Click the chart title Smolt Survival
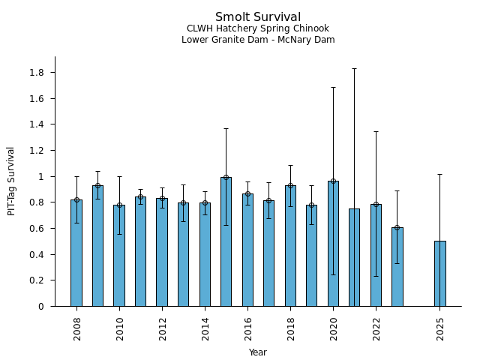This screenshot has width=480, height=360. pyautogui.click(x=258, y=17)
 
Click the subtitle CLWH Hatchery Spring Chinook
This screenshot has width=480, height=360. pyautogui.click(x=258, y=28)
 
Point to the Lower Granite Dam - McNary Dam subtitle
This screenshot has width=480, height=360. pyautogui.click(x=258, y=40)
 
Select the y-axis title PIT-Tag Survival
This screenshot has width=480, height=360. pyautogui.click(x=11, y=181)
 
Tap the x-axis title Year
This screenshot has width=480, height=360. pyautogui.click(x=258, y=352)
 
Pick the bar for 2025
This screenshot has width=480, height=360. pyautogui.click(x=440, y=274)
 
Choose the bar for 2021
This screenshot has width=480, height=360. pyautogui.click(x=354, y=257)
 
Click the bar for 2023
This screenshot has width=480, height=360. pyautogui.click(x=397, y=267)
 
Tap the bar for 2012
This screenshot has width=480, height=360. pyautogui.click(x=162, y=252)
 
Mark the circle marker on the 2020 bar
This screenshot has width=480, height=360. pyautogui.click(x=333, y=181)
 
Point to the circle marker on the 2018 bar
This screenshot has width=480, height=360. pyautogui.click(x=290, y=185)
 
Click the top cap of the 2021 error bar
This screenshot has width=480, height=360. pyautogui.click(x=354, y=68)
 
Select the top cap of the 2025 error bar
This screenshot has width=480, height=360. pyautogui.click(x=440, y=174)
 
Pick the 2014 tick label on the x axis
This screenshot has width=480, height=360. pyautogui.click(x=205, y=328)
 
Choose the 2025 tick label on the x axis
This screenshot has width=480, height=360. pyautogui.click(x=440, y=328)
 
